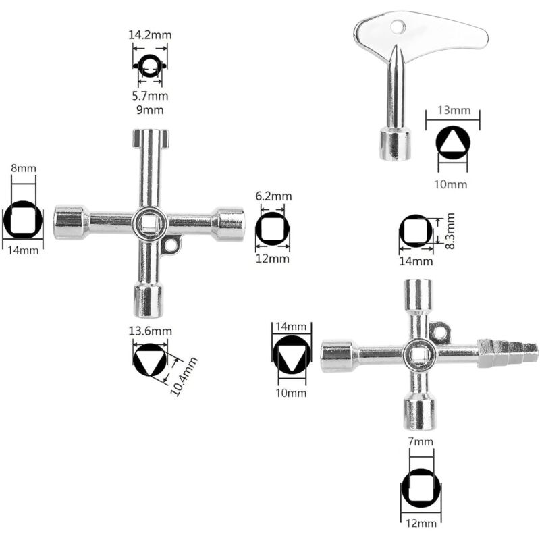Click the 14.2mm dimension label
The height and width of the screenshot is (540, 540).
click(x=148, y=35)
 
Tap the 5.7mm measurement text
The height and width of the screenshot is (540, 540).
click(x=148, y=96)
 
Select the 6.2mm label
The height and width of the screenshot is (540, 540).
click(x=273, y=196)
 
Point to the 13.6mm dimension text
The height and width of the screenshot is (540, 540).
click(x=150, y=331)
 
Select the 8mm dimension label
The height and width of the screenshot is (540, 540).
click(x=24, y=168)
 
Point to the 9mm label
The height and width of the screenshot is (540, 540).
click(x=148, y=109)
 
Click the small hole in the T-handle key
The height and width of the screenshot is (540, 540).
click(x=399, y=26)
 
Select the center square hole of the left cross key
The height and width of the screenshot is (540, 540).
click(x=149, y=223)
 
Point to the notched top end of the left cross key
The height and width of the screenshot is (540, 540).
click(x=147, y=138)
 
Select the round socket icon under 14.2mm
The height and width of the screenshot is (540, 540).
click(x=148, y=65)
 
